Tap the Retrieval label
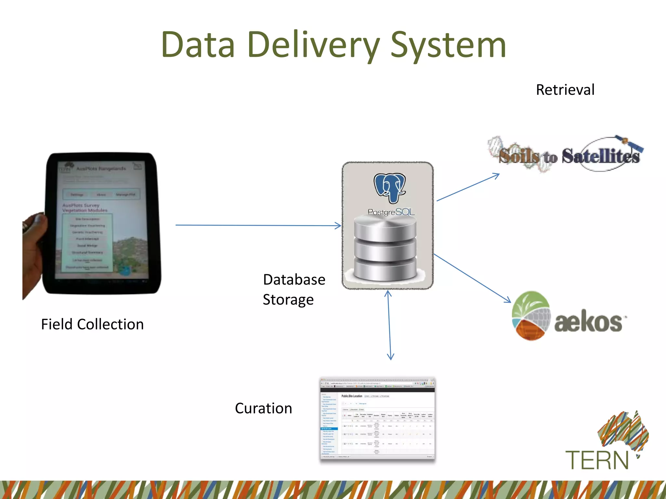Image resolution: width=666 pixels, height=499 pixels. pos(565,90)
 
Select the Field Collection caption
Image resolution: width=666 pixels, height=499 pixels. pos(92,324)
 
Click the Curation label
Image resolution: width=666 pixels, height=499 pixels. pos(263,408)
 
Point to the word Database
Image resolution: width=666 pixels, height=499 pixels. pos(294,280)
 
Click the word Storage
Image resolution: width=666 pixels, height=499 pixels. pos(288,300)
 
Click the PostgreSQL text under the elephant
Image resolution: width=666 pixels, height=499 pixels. pos(391,212)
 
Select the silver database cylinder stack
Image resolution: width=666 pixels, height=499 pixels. pos(385,249)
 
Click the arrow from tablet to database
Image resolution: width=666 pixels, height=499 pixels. pos(257,225)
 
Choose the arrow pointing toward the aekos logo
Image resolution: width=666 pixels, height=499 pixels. pos(472,278)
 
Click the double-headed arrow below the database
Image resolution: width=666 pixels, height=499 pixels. pos(389,325)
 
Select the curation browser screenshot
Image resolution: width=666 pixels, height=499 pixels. pos(377,419)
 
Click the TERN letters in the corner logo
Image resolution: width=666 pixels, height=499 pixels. pos(597,460)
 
